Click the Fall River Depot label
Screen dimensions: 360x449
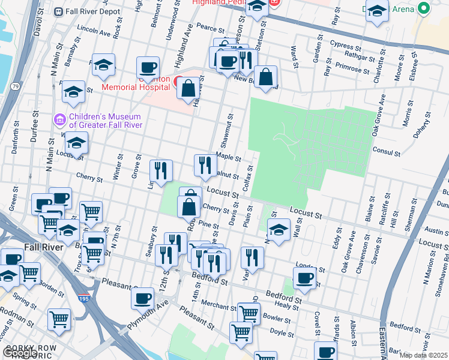pyautogui.click(x=87, y=11)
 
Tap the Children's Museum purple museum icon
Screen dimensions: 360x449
pyautogui.click(x=59, y=121)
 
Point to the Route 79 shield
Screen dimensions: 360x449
pyautogui.click(x=15, y=87)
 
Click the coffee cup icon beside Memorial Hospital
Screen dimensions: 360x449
pyautogui.click(x=148, y=68)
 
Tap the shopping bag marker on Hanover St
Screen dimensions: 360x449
pyautogui.click(x=188, y=89)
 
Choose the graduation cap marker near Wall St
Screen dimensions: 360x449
pyautogui.click(x=279, y=230)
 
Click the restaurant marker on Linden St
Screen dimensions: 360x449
pyautogui.click(x=160, y=171)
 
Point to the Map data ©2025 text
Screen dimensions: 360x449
pyautogui.click(x=423, y=355)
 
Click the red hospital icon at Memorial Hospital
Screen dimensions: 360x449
pyautogui.click(x=178, y=81)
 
